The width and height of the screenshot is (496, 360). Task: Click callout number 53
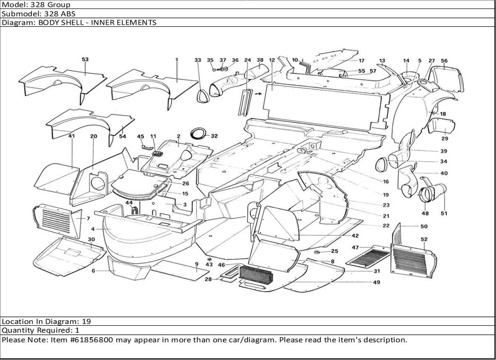tap(85, 60)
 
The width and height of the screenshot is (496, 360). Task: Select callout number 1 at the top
tap(176, 60)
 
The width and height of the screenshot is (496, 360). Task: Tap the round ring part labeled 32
tap(199, 134)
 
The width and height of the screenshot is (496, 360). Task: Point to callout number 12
tap(272, 60)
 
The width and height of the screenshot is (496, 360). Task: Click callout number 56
tap(444, 61)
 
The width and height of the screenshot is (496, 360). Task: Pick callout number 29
tap(444, 138)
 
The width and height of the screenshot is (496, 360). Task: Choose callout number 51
tap(443, 214)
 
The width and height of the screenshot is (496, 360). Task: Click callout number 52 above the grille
tap(424, 240)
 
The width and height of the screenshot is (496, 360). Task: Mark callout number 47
tap(356, 247)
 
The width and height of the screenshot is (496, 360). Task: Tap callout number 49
tap(377, 283)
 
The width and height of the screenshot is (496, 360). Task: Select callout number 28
tap(208, 280)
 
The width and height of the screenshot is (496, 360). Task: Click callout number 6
tap(93, 271)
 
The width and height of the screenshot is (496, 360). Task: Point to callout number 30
tap(91, 240)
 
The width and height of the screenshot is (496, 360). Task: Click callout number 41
tap(71, 136)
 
